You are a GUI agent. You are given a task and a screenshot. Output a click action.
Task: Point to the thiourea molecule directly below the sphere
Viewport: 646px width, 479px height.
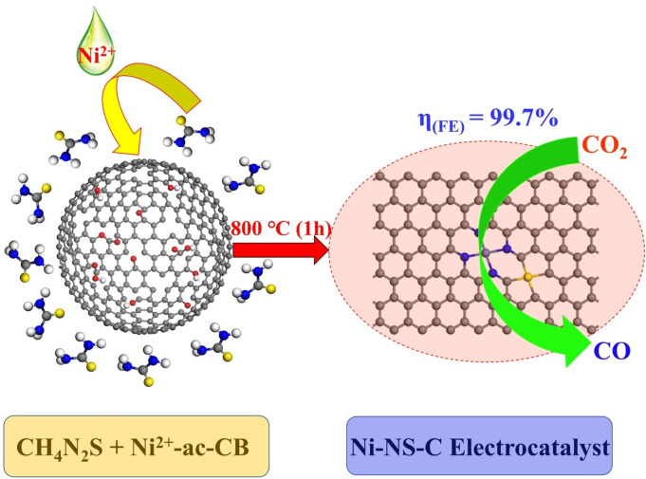[x=137, y=370]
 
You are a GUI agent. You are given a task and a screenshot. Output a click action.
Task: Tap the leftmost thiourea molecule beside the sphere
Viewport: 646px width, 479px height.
[x=25, y=256]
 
